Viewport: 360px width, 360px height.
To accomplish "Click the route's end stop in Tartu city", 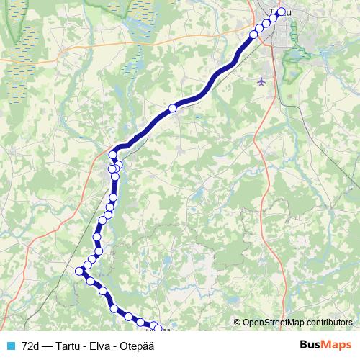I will click(282, 12).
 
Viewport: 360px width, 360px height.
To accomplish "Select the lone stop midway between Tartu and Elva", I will click(172, 108).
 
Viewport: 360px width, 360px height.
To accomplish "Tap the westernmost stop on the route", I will click(79, 271).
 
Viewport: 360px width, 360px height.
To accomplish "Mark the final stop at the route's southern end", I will click(158, 328).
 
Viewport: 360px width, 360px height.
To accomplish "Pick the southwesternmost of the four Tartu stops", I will click(253, 34).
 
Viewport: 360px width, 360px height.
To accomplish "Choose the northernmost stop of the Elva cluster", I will click(113, 156).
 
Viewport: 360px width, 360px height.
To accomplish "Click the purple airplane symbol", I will click(261, 81).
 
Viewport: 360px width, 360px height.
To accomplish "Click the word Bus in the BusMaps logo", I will click(311, 345).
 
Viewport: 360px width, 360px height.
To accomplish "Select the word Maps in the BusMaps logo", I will click(337, 345).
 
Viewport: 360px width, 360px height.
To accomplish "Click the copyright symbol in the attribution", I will click(238, 323).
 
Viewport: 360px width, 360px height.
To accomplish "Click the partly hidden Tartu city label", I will click(274, 12).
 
